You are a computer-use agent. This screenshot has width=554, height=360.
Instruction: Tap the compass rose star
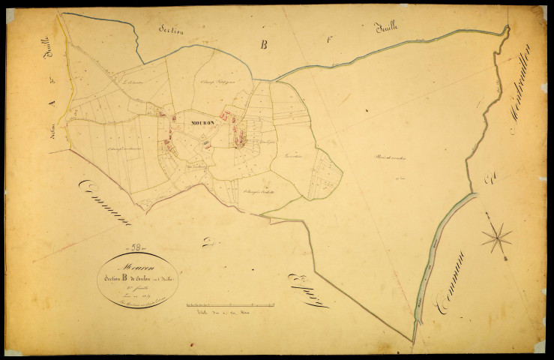coord(496,238)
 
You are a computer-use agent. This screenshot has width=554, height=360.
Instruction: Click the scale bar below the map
coord(230,305)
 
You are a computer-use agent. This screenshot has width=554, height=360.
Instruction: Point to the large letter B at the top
coord(264,45)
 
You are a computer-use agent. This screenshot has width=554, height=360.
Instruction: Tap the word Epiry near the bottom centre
coord(307,289)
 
